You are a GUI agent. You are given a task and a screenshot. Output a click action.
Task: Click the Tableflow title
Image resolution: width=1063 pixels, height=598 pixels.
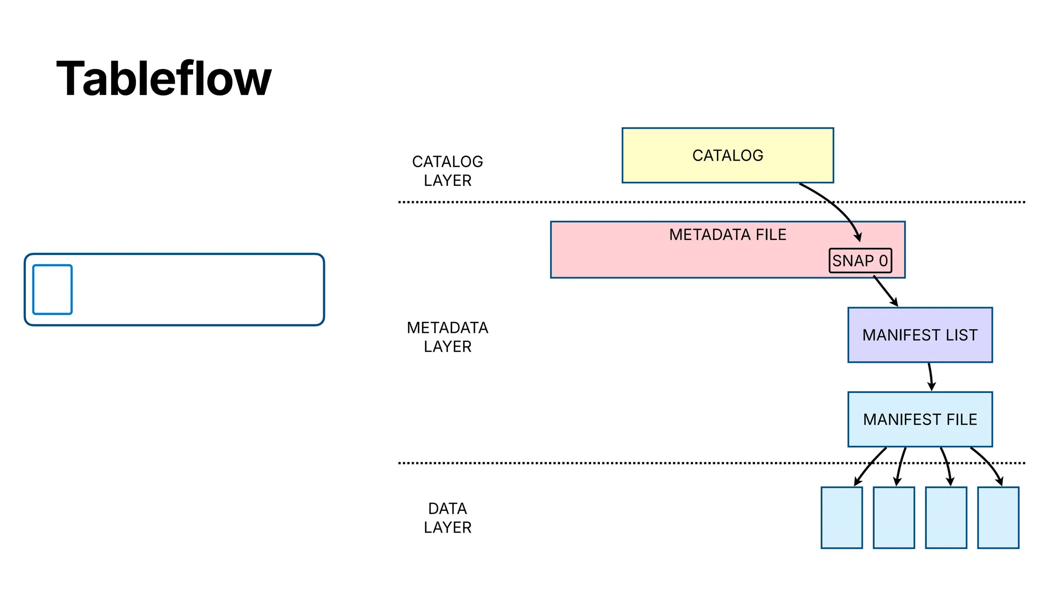(163, 79)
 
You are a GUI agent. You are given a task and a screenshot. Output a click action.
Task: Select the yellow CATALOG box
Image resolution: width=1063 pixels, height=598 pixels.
(727, 155)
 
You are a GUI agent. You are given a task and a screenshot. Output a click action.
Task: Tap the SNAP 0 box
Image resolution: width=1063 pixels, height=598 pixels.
(860, 261)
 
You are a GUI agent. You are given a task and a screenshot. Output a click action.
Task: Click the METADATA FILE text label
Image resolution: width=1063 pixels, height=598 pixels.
(727, 235)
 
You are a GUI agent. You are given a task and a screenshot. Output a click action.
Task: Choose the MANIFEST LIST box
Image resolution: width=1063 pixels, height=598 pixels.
(920, 335)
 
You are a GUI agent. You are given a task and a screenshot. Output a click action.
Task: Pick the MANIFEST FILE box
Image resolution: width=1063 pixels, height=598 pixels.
(920, 419)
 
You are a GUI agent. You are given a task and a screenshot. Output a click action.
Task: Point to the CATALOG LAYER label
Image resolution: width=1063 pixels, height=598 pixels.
(447, 171)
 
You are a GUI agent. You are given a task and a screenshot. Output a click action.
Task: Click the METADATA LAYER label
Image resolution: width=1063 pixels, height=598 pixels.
(447, 337)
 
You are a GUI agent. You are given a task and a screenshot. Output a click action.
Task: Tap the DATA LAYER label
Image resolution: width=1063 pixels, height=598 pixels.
(447, 518)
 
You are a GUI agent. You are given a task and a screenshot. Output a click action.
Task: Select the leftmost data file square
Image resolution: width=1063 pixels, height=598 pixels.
(841, 518)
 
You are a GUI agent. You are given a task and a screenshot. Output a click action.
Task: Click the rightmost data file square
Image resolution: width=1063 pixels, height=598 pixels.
(998, 518)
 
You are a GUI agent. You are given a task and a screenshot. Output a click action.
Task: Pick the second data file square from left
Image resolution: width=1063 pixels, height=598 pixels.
(894, 518)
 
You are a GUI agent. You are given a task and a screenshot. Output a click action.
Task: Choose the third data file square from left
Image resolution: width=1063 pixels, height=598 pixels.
(946, 518)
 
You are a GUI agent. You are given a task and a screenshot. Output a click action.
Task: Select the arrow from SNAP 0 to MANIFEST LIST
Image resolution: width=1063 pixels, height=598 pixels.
(885, 291)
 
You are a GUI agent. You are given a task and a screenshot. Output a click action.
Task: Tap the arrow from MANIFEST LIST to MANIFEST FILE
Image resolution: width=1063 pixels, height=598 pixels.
(931, 377)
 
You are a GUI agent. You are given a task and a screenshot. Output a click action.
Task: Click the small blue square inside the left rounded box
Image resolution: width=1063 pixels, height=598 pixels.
(52, 290)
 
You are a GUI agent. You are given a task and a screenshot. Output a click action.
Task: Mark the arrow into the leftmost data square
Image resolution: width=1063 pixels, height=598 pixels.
(868, 466)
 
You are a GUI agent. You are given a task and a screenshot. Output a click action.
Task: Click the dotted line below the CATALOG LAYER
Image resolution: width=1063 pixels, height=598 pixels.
(571, 202)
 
